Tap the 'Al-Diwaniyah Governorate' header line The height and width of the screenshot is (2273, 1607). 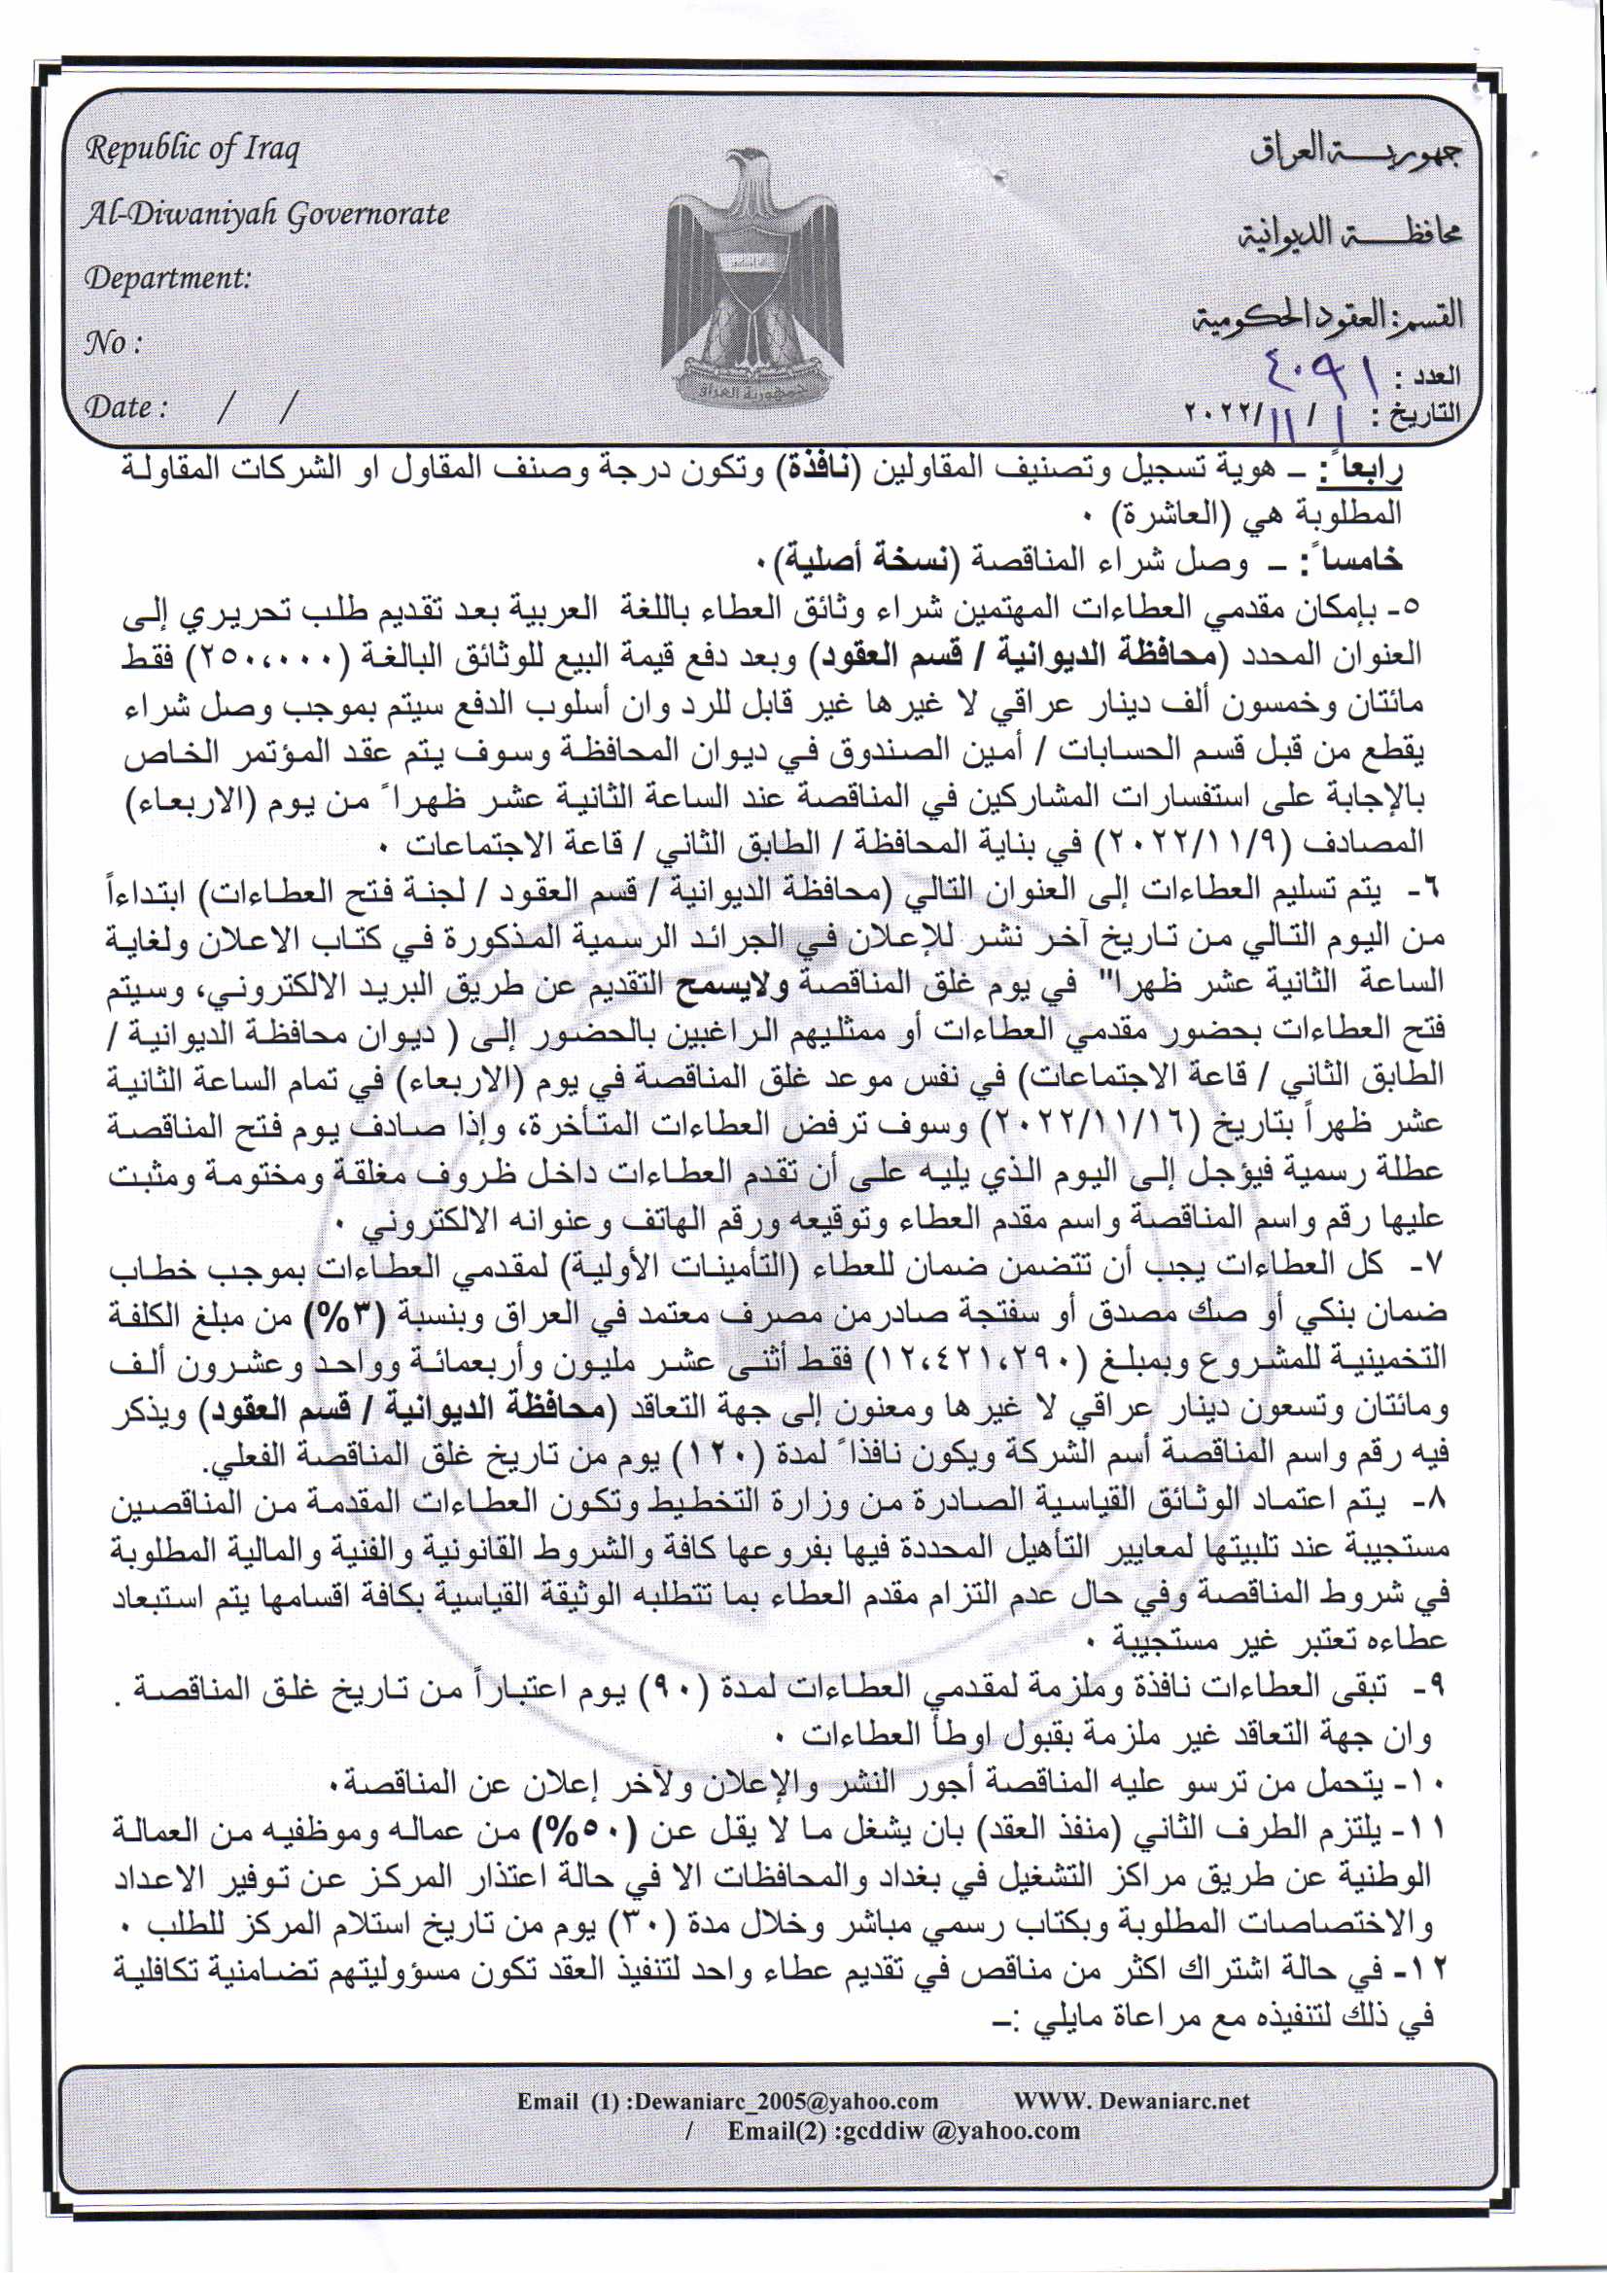click(265, 214)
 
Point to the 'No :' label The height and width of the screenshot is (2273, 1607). click(113, 342)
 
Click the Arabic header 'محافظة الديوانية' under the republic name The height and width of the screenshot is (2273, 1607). click(1350, 232)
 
